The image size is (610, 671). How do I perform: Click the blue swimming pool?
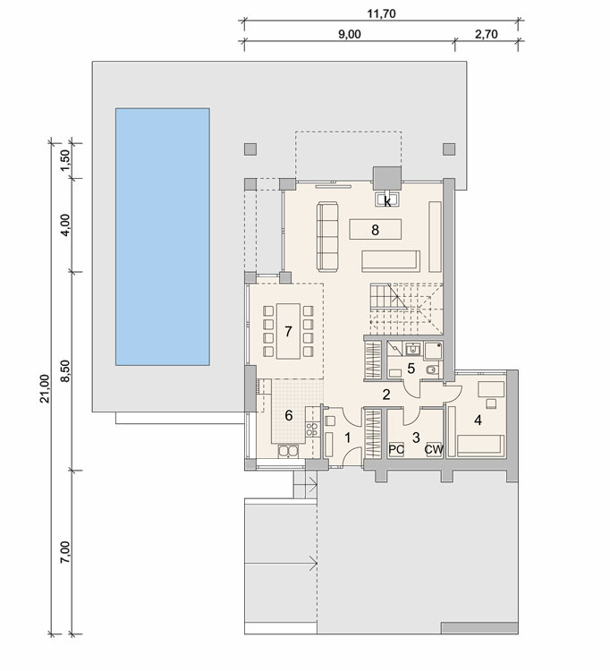click(x=163, y=237)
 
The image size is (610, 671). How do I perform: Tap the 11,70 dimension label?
click(x=382, y=13)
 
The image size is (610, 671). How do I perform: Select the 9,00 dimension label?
click(x=350, y=34)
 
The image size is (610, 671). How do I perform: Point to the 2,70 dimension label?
click(x=487, y=34)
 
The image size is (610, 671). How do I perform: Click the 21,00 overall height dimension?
click(x=45, y=388)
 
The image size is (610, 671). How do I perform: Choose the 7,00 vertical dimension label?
click(x=65, y=553)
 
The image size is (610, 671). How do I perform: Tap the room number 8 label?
click(x=375, y=230)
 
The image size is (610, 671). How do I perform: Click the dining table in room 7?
click(x=288, y=331)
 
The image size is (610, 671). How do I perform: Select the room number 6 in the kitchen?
click(x=289, y=415)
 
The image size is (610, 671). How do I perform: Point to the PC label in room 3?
click(x=396, y=449)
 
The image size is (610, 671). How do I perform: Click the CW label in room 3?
click(x=434, y=449)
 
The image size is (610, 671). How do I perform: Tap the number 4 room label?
click(x=478, y=420)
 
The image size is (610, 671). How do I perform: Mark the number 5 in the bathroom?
click(x=411, y=368)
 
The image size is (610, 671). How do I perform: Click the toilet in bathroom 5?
click(x=433, y=369)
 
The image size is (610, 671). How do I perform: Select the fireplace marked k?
click(x=387, y=200)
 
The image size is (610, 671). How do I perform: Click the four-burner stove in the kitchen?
click(x=312, y=429)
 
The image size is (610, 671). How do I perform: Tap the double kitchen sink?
click(x=288, y=451)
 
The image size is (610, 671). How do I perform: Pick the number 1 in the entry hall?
click(x=348, y=437)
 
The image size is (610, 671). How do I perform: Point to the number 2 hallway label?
click(x=386, y=395)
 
